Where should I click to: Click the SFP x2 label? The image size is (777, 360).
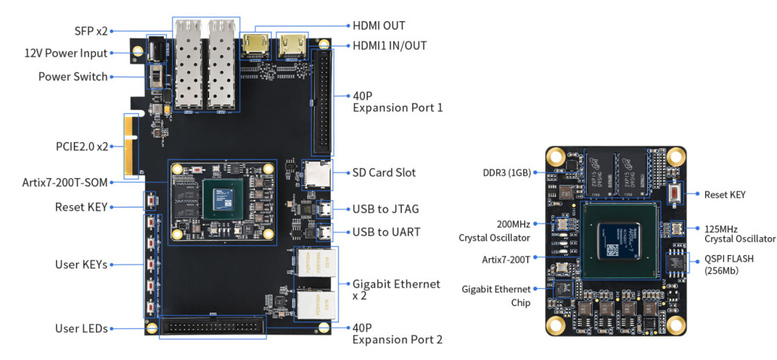point(91,31)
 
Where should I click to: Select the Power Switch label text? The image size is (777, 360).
point(72,76)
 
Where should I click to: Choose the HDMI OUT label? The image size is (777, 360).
point(379,26)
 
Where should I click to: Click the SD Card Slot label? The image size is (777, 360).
point(384,173)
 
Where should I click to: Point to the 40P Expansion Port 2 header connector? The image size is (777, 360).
point(211,328)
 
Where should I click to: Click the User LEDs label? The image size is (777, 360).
point(81,328)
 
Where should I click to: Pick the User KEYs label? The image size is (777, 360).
point(80,264)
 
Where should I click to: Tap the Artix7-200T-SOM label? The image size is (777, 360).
point(66,182)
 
